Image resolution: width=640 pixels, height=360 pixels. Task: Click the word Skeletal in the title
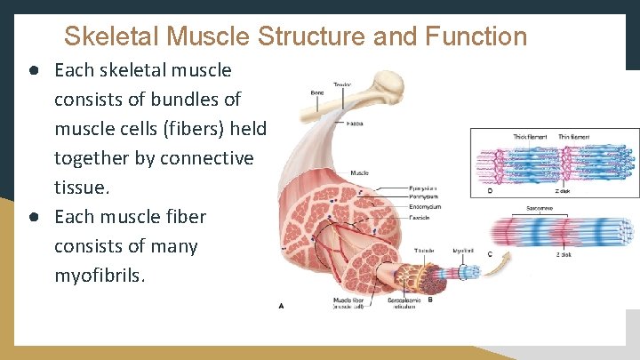coord(111,36)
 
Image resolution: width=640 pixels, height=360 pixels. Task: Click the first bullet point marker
coord(32,70)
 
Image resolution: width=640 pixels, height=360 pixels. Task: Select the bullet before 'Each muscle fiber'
coord(32,217)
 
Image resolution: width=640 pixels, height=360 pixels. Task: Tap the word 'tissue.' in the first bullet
coord(82,188)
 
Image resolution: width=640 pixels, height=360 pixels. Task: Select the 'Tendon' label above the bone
coord(341,85)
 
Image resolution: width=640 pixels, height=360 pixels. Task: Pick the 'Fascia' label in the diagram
coord(355,123)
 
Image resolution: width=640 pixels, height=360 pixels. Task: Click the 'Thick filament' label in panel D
coord(532,137)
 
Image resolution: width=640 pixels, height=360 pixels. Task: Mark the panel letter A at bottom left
coord(282,306)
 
